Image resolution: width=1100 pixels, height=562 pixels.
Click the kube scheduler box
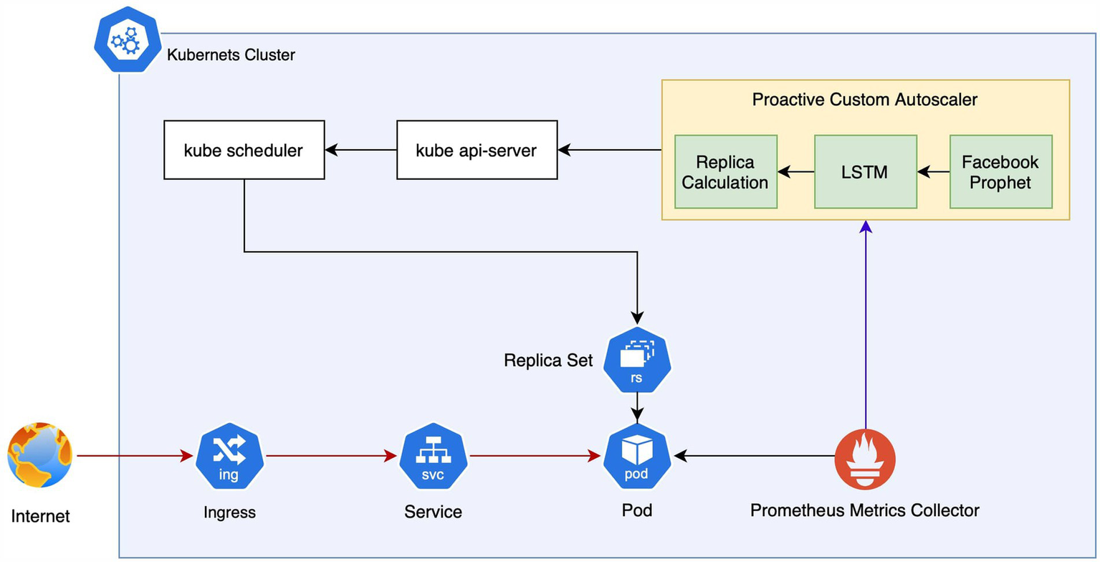pyautogui.click(x=244, y=151)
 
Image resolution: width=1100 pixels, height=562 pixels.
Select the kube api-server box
pyautogui.click(x=476, y=151)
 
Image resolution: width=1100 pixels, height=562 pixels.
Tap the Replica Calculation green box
pyautogui.click(x=725, y=172)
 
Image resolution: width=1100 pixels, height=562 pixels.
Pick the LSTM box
pyautogui.click(x=865, y=172)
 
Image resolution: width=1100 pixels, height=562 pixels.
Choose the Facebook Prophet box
pyautogui.click(x=1000, y=172)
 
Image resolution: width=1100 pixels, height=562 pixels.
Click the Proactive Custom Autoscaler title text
pyautogui.click(x=864, y=100)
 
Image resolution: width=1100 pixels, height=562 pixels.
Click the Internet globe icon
pyautogui.click(x=40, y=455)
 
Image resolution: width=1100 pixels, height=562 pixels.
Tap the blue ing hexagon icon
pyautogui.click(x=230, y=455)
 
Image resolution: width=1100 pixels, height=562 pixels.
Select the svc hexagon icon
pyautogui.click(x=434, y=455)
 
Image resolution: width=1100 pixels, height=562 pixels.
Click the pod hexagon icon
pyautogui.click(x=637, y=455)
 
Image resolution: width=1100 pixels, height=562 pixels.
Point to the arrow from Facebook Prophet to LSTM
pyautogui.click(x=934, y=172)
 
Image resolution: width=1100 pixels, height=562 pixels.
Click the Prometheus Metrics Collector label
pyautogui.click(x=864, y=511)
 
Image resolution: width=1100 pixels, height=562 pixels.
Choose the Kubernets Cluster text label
pyautogui.click(x=231, y=55)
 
